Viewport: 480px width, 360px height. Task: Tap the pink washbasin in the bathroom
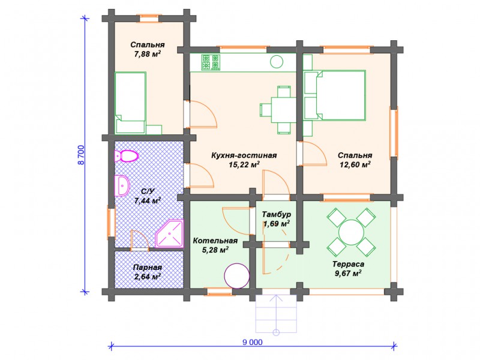[x=122, y=185]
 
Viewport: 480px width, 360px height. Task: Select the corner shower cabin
[x=169, y=233]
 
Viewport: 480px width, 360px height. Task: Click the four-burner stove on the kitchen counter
[x=211, y=62]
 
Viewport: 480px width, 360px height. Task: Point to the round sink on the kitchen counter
[x=277, y=62]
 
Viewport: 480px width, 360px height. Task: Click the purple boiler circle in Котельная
[x=237, y=276]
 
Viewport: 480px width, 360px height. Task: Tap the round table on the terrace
[x=351, y=232]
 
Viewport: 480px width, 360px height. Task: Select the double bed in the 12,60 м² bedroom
[x=335, y=95]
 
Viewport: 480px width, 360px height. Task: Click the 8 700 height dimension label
[x=81, y=155]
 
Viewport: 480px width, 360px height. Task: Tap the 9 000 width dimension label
[x=253, y=342]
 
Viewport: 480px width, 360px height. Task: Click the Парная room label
[x=148, y=267]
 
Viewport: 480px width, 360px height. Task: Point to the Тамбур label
[x=277, y=214]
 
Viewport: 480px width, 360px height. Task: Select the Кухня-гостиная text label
[x=244, y=155]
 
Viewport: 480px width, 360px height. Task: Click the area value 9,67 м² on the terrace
[x=349, y=273]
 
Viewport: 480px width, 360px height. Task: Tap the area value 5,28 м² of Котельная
[x=215, y=250]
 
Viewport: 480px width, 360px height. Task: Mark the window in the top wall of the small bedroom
[x=149, y=18]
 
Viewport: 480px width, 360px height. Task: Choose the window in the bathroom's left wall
[x=111, y=223]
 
